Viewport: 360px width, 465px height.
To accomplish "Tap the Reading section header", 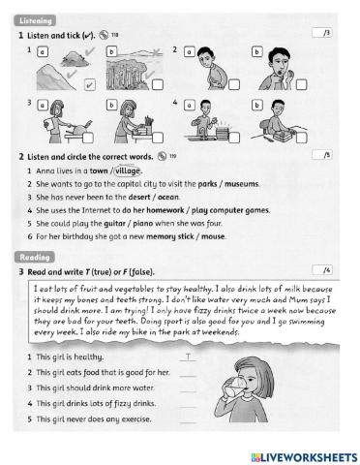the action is (x=32, y=256).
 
